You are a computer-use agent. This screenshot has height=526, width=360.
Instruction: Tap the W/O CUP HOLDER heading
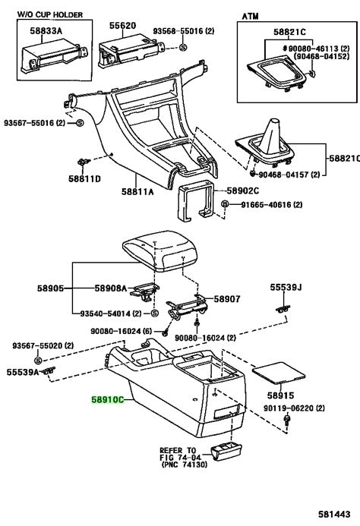[49, 14]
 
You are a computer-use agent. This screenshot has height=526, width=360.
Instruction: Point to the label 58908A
[112, 289]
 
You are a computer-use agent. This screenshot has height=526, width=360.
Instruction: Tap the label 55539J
[287, 288]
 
